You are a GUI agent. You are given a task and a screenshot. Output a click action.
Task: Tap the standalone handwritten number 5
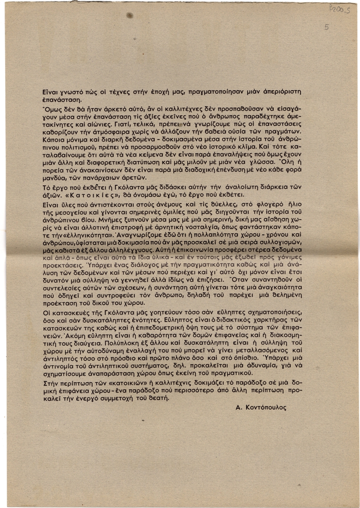(x=326, y=28)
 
